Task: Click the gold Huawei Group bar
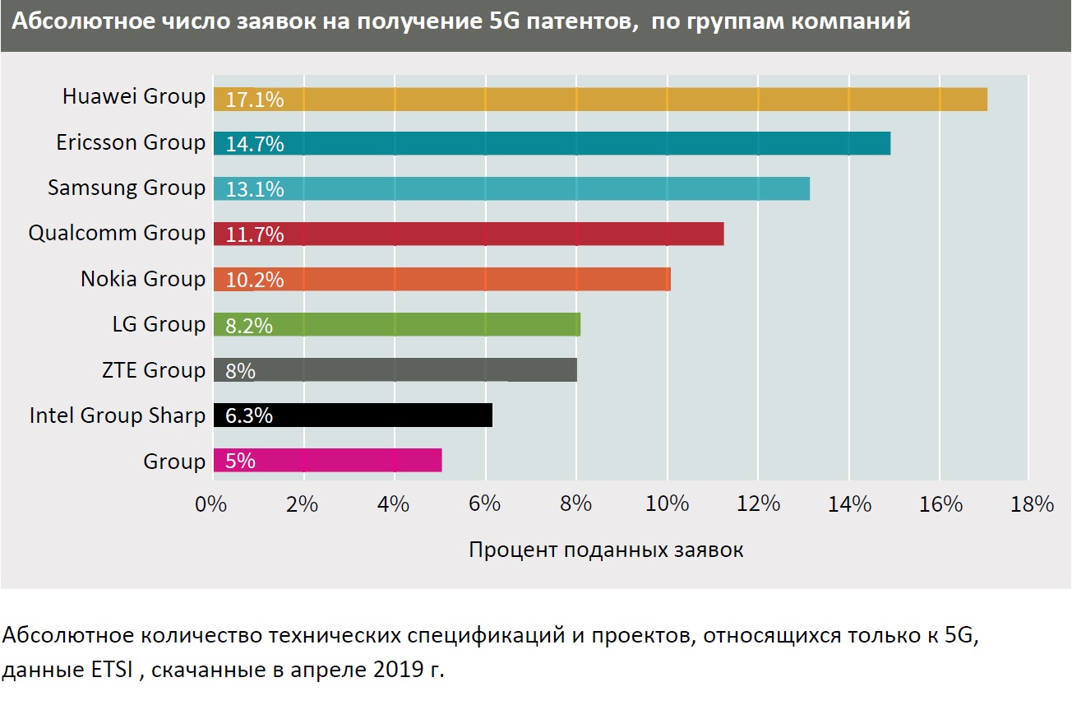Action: pos(600,99)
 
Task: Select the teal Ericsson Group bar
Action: pos(551,143)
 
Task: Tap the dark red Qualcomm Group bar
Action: pos(469,234)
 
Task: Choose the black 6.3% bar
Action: pos(353,415)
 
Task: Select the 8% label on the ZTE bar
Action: pos(239,370)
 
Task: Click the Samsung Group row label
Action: pos(127,188)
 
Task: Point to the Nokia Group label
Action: pos(143,279)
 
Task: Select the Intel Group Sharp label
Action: pos(117,415)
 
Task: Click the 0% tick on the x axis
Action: pos(210,504)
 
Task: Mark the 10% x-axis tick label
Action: pos(667,504)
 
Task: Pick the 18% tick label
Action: pos(1032,504)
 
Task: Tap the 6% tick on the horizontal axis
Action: pos(485,504)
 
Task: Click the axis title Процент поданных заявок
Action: pos(606,550)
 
